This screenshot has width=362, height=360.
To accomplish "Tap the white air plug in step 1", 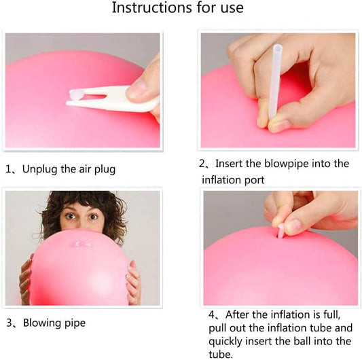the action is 77,95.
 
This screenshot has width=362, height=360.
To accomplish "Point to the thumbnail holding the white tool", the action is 137,88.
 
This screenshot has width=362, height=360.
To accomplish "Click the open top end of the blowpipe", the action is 278,49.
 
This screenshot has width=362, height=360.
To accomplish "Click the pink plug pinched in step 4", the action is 281,231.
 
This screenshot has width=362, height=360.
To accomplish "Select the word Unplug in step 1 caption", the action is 40,170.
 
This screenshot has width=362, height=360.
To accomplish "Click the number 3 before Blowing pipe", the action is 10,323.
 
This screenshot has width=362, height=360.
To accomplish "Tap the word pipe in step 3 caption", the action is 75,323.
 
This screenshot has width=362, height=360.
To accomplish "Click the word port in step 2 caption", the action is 254,180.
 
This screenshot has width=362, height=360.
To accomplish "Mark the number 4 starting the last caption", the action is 212,314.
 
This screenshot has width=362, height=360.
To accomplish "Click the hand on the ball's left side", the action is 25,278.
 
